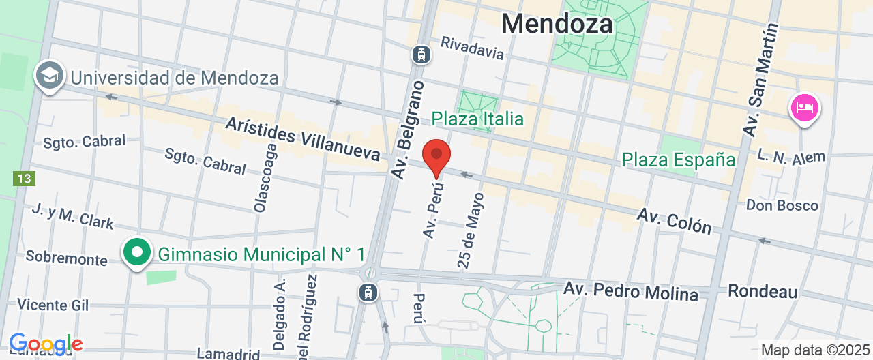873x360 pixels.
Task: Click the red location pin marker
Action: pyautogui.click(x=436, y=156)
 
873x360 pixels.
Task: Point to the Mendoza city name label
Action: pyautogui.click(x=557, y=24)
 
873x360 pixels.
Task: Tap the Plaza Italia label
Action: pyautogui.click(x=477, y=119)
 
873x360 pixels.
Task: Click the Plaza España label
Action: pyautogui.click(x=679, y=160)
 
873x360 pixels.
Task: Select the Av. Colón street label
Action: pyautogui.click(x=674, y=220)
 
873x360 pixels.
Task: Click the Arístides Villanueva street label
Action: pyautogui.click(x=302, y=138)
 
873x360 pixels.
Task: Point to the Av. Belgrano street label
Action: pyautogui.click(x=408, y=130)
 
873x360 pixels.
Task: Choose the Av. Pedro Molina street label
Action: pyautogui.click(x=631, y=291)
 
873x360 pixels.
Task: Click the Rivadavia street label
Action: pyautogui.click(x=472, y=48)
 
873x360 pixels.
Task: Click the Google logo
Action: pyautogui.click(x=46, y=344)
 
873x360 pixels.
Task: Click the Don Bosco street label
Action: pyautogui.click(x=782, y=205)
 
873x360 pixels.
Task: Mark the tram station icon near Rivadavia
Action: pyautogui.click(x=421, y=54)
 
